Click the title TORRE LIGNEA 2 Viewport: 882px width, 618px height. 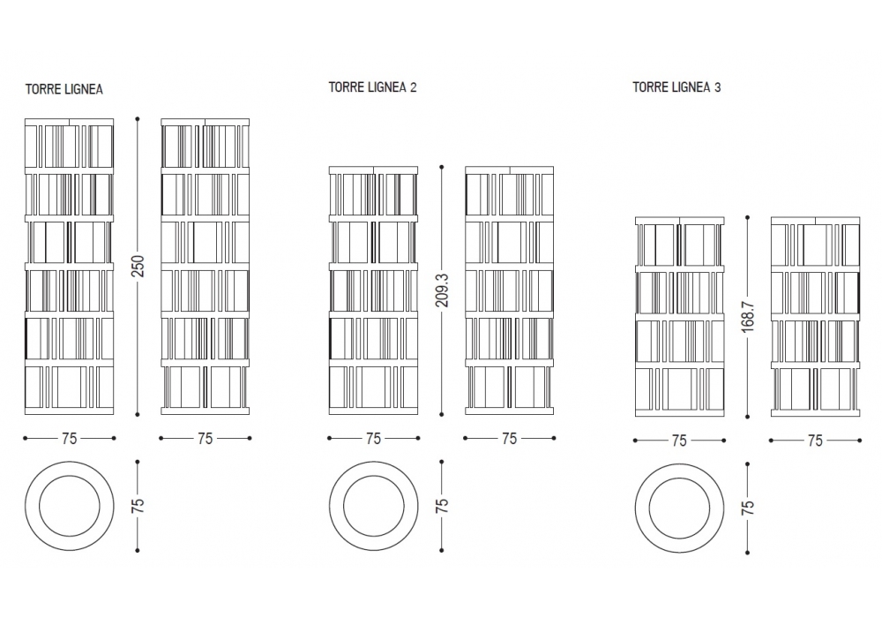click(x=372, y=87)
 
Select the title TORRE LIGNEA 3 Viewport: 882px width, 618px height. click(x=677, y=87)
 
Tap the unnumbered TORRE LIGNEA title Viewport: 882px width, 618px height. click(x=64, y=89)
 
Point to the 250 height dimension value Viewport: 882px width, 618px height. click(x=138, y=266)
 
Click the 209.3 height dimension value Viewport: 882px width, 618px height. click(x=442, y=289)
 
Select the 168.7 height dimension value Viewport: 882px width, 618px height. click(x=747, y=316)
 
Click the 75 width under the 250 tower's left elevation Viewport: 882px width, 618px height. click(x=70, y=438)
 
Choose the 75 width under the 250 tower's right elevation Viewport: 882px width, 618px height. click(x=206, y=438)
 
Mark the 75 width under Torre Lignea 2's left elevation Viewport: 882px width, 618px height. click(x=373, y=438)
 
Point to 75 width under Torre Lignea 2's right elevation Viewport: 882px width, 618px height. click(x=509, y=438)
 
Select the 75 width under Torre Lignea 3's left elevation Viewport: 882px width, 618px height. click(x=679, y=440)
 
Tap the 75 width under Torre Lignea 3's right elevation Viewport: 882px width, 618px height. click(x=815, y=440)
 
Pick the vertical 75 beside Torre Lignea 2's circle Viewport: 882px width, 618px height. click(x=442, y=506)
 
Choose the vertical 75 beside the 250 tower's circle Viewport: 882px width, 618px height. click(x=138, y=506)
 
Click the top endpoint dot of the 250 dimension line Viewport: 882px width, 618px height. click(x=138, y=117)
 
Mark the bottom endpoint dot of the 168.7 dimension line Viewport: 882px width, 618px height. click(x=747, y=418)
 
